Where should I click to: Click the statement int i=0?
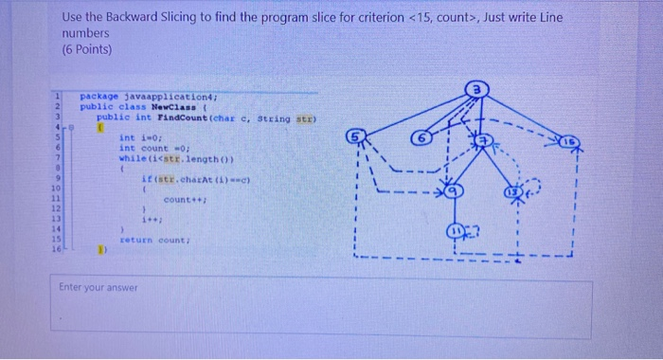pos(139,137)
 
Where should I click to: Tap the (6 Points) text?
pos(86,49)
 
